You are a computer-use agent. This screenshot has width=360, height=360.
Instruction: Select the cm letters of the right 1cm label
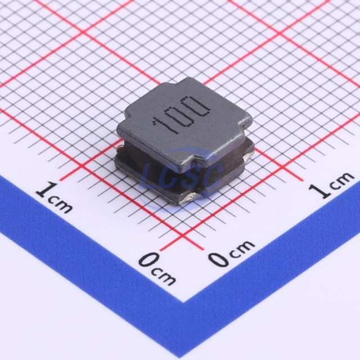pyautogui.click(x=341, y=179)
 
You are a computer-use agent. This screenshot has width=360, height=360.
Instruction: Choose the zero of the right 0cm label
pyautogui.click(x=219, y=259)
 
